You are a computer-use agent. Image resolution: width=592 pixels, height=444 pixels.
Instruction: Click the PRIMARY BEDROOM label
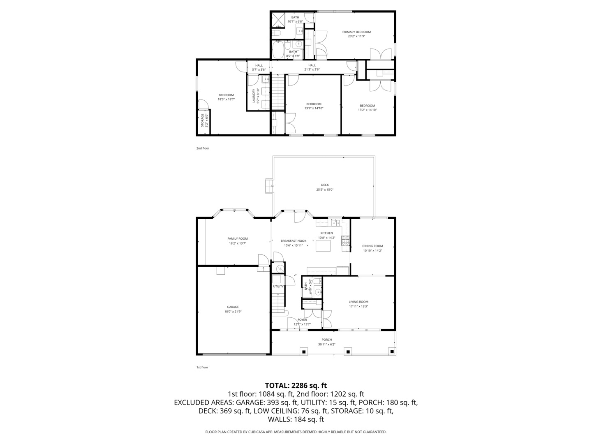[356, 32]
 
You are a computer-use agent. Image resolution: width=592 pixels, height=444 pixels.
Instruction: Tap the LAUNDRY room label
[254, 96]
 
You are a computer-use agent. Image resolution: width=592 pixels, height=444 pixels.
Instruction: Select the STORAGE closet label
[202, 122]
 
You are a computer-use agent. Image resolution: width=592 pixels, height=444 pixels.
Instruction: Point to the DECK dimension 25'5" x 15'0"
[325, 190]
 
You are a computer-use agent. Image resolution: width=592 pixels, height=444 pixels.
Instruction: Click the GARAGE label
[233, 307]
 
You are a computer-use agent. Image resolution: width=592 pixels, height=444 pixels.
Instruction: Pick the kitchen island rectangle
[323, 246]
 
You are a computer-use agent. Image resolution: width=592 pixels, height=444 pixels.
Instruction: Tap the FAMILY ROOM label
[238, 238]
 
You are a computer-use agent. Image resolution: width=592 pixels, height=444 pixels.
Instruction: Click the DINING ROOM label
[372, 246]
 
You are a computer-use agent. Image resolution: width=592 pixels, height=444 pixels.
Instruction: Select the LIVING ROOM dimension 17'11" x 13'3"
[358, 306]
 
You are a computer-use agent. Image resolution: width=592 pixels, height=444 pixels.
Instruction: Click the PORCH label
[327, 340]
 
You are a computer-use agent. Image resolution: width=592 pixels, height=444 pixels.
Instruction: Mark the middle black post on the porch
[348, 351]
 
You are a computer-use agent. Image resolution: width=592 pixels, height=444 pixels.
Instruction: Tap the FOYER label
[302, 319]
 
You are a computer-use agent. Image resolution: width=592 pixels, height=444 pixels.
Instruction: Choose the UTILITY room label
[278, 286]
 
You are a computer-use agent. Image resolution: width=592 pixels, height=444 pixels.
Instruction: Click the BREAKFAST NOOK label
[294, 240]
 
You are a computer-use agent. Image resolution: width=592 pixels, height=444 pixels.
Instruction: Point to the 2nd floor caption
[203, 148]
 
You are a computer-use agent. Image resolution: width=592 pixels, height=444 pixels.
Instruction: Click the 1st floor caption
[202, 367]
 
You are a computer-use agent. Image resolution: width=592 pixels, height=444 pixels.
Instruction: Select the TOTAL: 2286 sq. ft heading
[296, 385]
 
